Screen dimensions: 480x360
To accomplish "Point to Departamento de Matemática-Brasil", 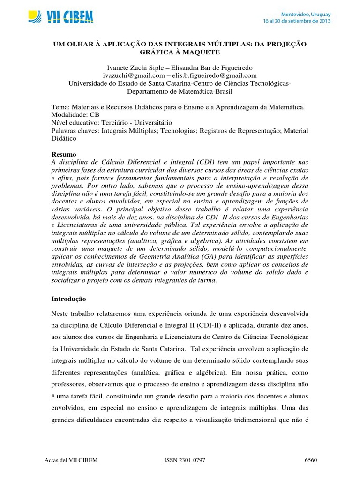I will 180,91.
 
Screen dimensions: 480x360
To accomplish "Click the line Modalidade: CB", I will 75,115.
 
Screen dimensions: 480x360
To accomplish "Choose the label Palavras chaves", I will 74,131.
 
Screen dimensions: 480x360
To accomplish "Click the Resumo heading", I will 63,154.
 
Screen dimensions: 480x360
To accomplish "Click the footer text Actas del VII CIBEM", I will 70,460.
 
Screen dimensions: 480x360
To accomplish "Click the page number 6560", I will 311,460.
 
